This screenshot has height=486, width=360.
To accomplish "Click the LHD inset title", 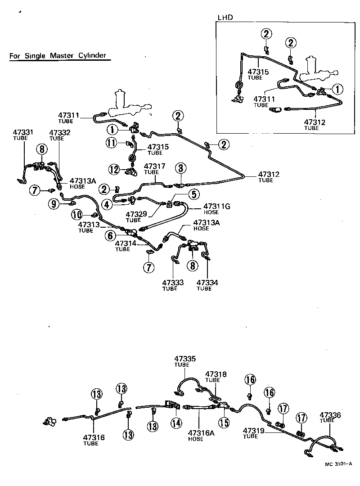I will (225, 18).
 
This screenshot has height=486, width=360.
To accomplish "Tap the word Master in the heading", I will (61, 56).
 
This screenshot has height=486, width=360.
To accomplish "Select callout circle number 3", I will (180, 169).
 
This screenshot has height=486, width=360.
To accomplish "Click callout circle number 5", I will (194, 194).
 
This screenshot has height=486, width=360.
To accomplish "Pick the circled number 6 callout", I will (110, 235).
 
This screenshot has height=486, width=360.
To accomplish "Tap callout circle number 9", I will (54, 204).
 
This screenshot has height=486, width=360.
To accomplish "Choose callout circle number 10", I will (76, 215).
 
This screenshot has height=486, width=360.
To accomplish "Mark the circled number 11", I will (111, 144).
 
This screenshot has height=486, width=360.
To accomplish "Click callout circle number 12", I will (113, 170).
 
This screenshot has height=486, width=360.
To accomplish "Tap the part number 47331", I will (23, 132).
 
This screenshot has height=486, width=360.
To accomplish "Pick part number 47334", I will (207, 283).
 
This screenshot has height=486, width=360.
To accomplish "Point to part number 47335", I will (185, 359).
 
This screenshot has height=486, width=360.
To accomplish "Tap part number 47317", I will (154, 166).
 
